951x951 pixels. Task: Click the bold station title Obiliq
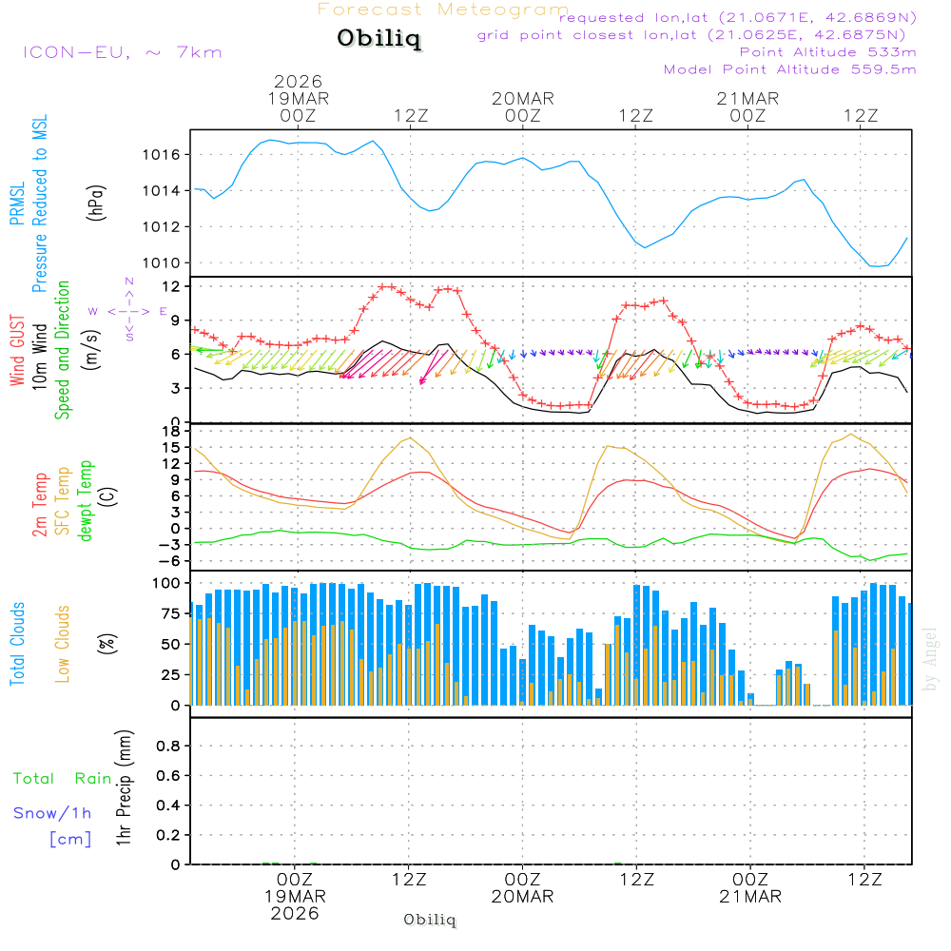pyautogui.click(x=378, y=40)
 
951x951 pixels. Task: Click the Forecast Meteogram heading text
pyautogui.click(x=443, y=10)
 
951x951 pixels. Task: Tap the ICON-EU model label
pyautogui.click(x=122, y=52)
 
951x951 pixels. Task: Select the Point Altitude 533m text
pyautogui.click(x=827, y=52)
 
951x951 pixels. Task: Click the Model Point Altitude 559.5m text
pyautogui.click(x=789, y=69)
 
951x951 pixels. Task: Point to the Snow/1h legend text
pyautogui.click(x=52, y=813)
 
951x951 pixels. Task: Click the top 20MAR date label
pyautogui.click(x=522, y=99)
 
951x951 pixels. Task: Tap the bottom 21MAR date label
pyautogui.click(x=749, y=897)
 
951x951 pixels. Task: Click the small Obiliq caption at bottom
pyautogui.click(x=430, y=920)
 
